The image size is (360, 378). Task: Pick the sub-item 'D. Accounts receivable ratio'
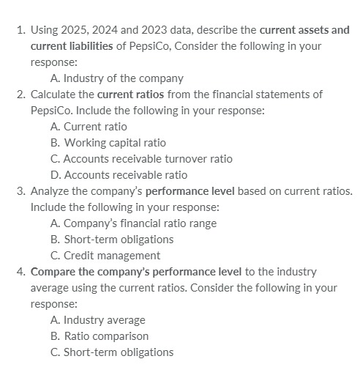tap(119, 175)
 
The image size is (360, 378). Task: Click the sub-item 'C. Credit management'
tap(105, 255)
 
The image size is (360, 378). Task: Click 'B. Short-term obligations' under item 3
tap(112, 239)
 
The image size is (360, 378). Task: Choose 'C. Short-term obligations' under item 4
tap(112, 352)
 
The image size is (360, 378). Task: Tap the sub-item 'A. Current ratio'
tap(89, 127)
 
